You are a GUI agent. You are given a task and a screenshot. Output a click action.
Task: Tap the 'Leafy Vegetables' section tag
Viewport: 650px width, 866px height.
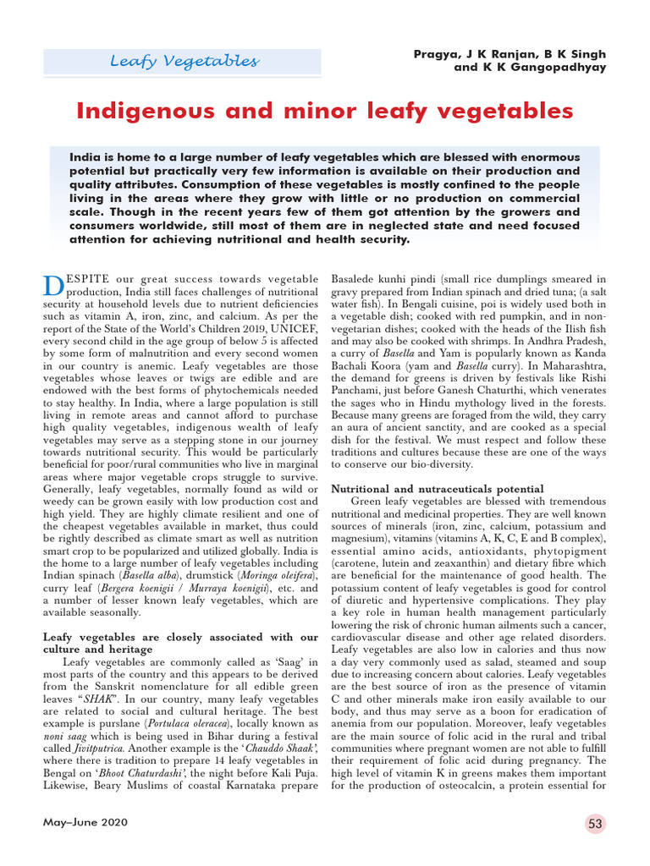pos(185,62)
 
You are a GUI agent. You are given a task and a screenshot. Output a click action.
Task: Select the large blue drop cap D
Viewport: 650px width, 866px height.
pos(52,286)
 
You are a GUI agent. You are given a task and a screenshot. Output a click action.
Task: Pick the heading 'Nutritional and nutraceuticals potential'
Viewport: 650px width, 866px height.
pos(437,489)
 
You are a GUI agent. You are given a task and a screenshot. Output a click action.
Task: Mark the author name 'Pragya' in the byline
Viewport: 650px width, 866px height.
pos(438,54)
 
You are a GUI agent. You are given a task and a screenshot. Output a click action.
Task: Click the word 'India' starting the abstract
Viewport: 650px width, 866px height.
pos(86,158)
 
